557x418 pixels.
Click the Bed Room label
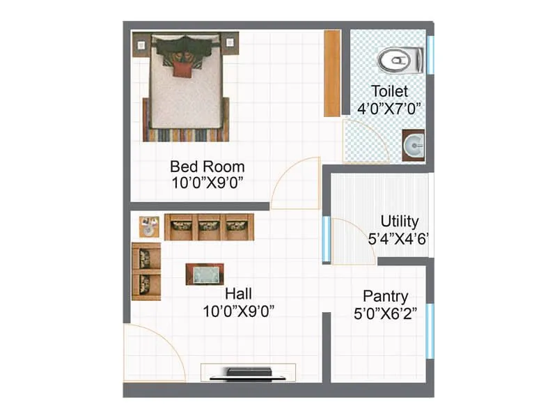point(207,167)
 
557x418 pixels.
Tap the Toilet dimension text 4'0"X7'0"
point(389,109)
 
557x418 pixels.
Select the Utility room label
point(400,222)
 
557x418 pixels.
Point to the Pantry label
point(385,296)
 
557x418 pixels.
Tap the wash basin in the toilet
point(414,146)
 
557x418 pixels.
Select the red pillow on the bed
point(182,69)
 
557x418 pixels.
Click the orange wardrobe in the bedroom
point(332,72)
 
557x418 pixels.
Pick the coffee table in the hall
point(205,274)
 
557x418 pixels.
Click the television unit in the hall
point(248,372)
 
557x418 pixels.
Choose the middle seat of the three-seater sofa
point(209,226)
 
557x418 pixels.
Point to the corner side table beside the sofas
point(148,226)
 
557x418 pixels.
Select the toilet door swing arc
point(366,139)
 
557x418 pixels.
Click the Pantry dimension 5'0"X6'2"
point(385,313)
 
